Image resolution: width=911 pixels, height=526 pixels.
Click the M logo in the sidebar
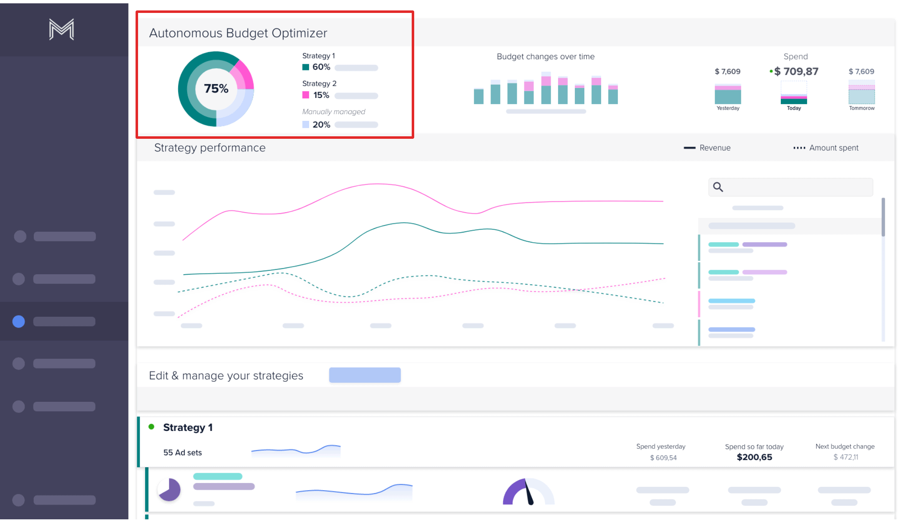coord(61,30)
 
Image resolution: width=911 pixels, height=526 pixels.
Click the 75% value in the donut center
coord(216,88)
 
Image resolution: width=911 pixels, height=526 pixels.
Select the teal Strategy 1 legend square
coord(306,67)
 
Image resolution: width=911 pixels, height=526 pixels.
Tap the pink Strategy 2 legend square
coord(306,95)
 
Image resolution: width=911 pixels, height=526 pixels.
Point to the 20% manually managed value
coord(321,125)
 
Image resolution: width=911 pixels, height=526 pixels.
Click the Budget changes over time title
coord(545,57)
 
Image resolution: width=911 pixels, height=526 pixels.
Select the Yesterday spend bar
coord(727,95)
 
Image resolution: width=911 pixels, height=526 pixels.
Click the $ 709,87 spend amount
coord(796,72)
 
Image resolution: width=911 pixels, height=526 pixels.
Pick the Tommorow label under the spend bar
coord(861,108)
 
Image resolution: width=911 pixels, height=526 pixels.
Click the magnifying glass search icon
coord(718,187)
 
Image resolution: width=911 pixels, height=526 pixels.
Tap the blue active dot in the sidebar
coord(19,321)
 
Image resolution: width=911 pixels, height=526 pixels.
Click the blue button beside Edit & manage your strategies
coord(365,375)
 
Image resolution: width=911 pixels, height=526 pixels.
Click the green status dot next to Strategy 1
coord(151,427)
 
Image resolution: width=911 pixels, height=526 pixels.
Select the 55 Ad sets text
coord(182,453)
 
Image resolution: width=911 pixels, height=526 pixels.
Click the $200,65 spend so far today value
coord(754,457)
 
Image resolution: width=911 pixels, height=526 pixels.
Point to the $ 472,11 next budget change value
coord(846,457)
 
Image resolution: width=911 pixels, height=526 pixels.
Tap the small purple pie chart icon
coord(169,490)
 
